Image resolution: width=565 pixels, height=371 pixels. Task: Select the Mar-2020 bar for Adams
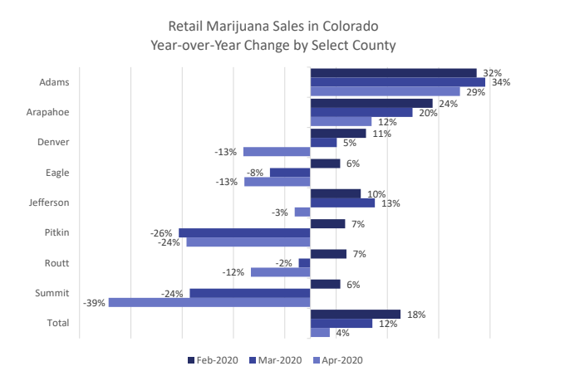[x=397, y=82]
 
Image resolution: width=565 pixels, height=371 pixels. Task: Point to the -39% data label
[x=95, y=303]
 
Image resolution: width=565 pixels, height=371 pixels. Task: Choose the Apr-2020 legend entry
[x=338, y=359]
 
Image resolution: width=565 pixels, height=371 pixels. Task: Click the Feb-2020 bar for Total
[x=355, y=314]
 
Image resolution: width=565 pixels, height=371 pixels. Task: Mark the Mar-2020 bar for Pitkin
[x=244, y=232]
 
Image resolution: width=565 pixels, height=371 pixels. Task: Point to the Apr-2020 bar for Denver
[x=277, y=152]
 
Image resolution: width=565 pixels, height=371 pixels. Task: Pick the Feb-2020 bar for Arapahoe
[x=371, y=103]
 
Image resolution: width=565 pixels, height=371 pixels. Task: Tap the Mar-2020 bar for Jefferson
[x=342, y=203]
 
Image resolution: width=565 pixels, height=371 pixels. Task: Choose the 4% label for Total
[x=341, y=333]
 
